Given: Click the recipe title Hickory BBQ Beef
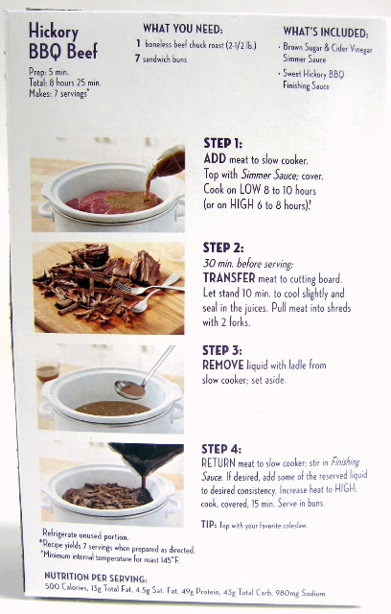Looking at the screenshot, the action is (x=63, y=41).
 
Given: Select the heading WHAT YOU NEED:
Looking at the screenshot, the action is (x=183, y=29).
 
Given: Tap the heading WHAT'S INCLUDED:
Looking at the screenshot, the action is (x=325, y=32).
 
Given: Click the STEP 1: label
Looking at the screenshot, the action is (x=223, y=143).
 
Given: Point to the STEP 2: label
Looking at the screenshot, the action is (x=223, y=248).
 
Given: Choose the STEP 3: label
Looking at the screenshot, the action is (x=222, y=350).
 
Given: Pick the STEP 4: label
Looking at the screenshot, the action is (x=221, y=449).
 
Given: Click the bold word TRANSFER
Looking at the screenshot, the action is (x=229, y=278).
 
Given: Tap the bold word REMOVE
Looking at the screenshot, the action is (x=223, y=365).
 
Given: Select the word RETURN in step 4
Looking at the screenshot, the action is (x=218, y=462).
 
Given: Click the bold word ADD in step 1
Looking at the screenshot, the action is (x=215, y=158).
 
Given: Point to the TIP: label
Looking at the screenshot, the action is (x=209, y=525).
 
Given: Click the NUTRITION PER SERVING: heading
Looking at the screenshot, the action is (x=96, y=578).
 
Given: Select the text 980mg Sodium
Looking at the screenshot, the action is (x=301, y=593).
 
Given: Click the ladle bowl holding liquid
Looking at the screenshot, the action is (x=130, y=390).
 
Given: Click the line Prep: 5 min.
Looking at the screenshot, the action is (x=49, y=72).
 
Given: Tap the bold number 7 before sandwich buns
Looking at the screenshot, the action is (x=137, y=58).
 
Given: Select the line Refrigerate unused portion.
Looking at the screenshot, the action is (x=85, y=534).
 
